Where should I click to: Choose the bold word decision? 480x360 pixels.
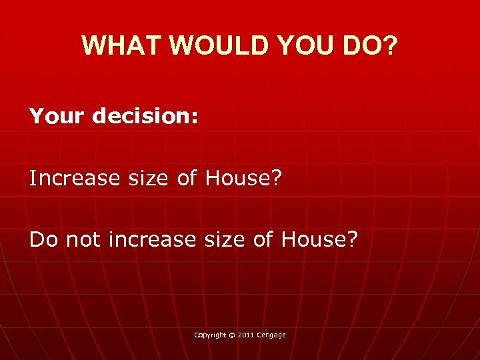[x=145, y=117]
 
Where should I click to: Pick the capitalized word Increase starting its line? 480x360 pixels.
[x=71, y=178]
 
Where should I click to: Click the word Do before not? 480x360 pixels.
[x=41, y=239]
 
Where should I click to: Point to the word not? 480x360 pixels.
[x=79, y=239]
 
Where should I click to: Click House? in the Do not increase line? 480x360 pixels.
[x=319, y=239]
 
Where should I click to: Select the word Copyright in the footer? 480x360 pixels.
[x=210, y=335]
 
